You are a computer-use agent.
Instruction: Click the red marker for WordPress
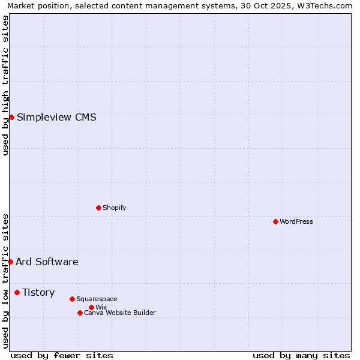(275, 221)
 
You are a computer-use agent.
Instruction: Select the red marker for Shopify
(98, 208)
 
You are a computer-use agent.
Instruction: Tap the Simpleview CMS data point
(11, 117)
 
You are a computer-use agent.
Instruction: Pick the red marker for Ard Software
(10, 262)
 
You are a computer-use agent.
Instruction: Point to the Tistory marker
(17, 292)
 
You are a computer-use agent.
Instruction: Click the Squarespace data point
(72, 299)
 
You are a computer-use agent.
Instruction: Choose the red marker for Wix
(91, 307)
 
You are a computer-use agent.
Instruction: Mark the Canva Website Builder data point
(80, 313)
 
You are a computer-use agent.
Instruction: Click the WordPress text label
(296, 221)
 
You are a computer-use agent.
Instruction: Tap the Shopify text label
(115, 208)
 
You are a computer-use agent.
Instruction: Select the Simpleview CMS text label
(56, 117)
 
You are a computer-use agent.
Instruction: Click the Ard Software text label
(47, 262)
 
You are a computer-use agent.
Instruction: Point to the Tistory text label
(38, 292)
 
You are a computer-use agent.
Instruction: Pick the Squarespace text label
(97, 299)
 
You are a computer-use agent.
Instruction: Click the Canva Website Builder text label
(120, 313)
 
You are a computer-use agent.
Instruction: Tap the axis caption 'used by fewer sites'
(62, 355)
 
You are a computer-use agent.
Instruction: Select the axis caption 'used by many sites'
(301, 355)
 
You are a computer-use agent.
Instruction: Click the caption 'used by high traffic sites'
(5, 85)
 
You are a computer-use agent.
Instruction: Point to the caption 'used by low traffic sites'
(5, 281)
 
